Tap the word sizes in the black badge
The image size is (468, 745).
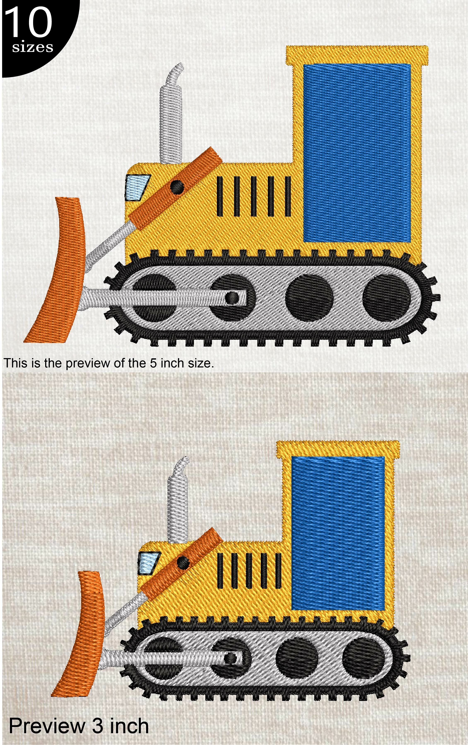click(x=32, y=48)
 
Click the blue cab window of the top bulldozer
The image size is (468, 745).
click(x=357, y=153)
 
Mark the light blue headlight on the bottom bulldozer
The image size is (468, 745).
click(x=148, y=563)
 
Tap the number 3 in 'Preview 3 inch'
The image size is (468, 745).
click(x=97, y=726)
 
